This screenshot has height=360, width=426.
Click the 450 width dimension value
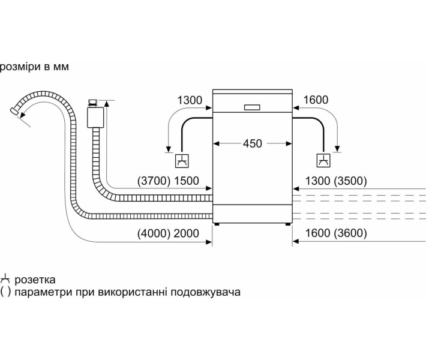tap(253, 143)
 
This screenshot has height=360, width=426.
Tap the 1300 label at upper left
tap(190, 100)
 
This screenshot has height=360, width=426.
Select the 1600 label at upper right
tap(316, 100)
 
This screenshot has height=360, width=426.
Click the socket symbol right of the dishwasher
tap(323, 161)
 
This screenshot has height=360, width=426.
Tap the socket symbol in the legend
tap(6, 280)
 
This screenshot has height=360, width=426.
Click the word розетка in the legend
tap(35, 280)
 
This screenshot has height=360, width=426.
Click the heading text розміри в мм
tap(35, 67)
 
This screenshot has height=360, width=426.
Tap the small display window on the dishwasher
tap(253, 107)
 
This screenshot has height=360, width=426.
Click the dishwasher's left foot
tap(218, 224)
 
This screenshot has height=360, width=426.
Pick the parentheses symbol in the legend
tap(5, 292)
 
